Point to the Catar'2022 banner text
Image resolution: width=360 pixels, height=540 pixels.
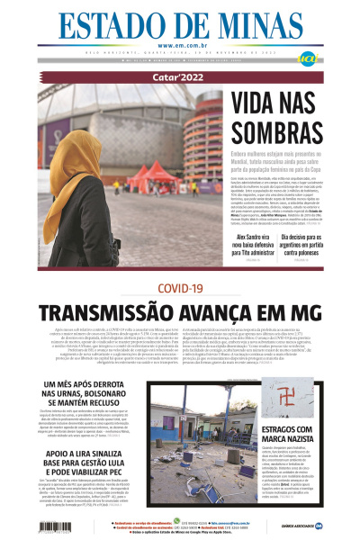179,77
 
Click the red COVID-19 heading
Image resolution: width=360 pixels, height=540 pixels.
179,287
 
